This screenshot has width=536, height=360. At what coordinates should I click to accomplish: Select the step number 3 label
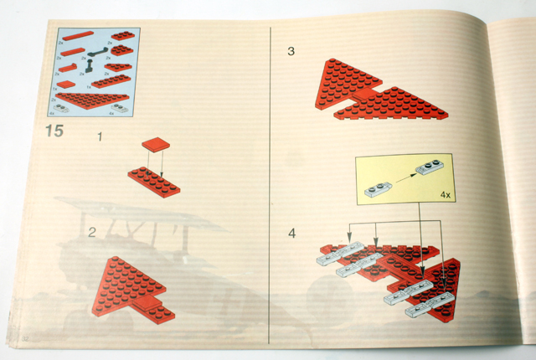pos(291,52)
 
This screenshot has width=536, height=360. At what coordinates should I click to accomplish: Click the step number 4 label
pos(291,232)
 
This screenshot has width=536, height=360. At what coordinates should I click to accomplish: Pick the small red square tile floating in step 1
pos(156,145)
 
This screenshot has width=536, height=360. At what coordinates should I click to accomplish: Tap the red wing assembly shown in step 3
pos(377,92)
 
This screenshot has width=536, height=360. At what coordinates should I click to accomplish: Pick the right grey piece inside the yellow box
pos(432,167)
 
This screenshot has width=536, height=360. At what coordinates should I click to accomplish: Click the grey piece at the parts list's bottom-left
pos(65,108)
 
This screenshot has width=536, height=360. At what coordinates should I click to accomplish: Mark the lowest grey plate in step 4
pos(426,310)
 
